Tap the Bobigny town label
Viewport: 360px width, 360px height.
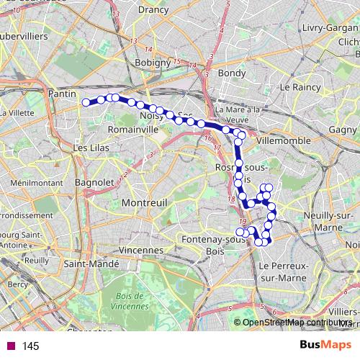click(152, 63)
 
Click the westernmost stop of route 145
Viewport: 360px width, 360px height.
click(86, 103)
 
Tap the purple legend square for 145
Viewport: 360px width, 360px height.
click(11, 346)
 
